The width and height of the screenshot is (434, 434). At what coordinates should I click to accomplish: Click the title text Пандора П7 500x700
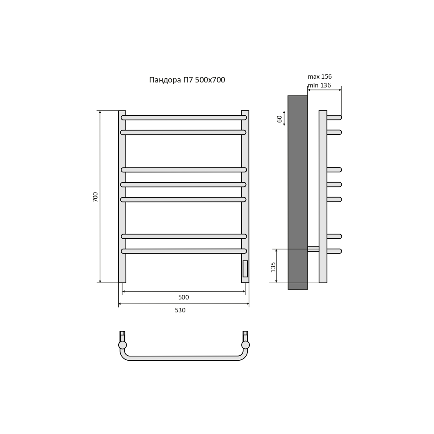[x=187, y=80]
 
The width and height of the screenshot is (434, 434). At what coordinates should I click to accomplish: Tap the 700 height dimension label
[x=95, y=197]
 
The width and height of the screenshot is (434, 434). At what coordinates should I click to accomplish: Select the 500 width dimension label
[x=184, y=297]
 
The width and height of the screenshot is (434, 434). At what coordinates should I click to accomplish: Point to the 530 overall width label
[x=180, y=310]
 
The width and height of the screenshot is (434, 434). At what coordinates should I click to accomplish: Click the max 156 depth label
[x=320, y=76]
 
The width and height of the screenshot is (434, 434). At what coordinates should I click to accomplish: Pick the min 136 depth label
[x=319, y=85]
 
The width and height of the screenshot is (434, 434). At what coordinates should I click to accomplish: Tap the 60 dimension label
[x=279, y=119]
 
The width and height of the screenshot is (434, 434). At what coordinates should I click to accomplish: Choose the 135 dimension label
[x=273, y=267]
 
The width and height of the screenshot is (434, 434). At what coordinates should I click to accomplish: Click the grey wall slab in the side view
[x=298, y=193]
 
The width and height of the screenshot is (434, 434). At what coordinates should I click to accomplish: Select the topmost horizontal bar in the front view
[x=184, y=117]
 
